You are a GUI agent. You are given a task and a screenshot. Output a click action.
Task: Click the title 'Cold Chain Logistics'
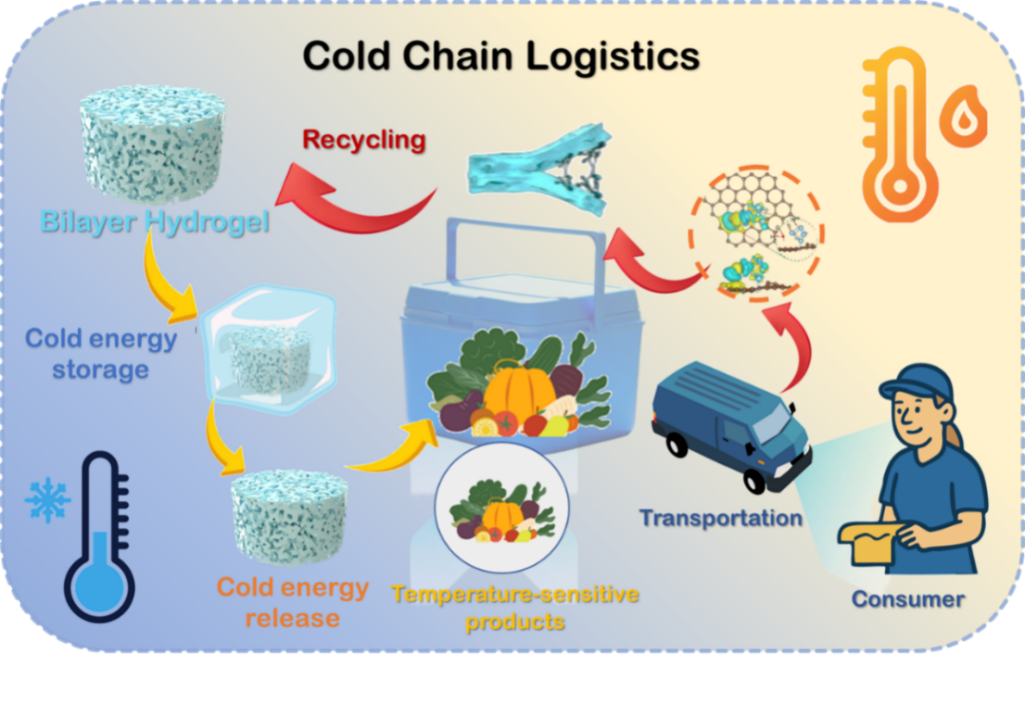(500, 57)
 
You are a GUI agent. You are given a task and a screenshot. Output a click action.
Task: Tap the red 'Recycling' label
(364, 141)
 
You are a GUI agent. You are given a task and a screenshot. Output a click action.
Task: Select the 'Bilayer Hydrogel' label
(155, 222)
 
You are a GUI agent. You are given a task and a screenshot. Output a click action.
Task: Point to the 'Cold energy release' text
(292, 603)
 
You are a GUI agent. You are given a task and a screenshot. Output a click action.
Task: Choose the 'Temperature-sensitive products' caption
(514, 607)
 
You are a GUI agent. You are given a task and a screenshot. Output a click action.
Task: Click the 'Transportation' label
(720, 517)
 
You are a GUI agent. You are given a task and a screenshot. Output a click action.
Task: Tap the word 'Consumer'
(907, 598)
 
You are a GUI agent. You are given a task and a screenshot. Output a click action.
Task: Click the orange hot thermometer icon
(895, 139)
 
